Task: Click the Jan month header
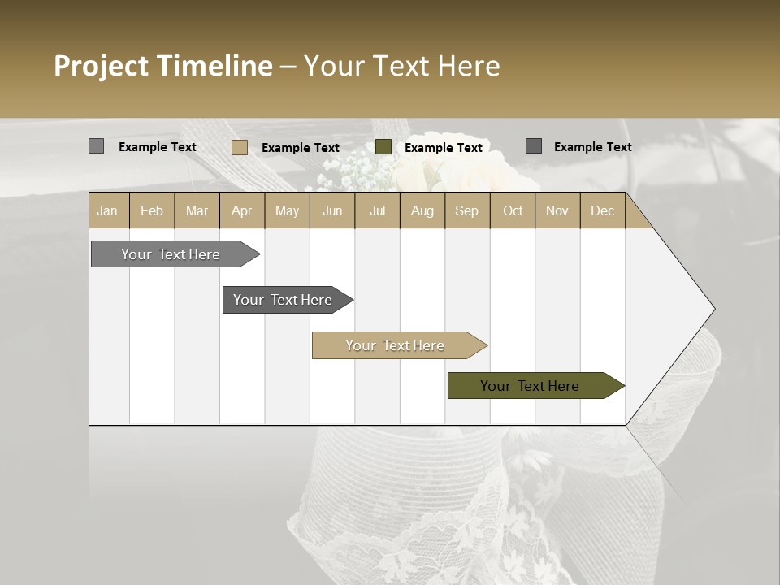tap(108, 210)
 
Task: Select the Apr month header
tap(241, 210)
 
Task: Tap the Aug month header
tap(422, 210)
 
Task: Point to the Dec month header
tap(602, 210)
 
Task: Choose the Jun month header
tap(331, 210)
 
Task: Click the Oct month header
tap(512, 210)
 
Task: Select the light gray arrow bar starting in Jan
tap(171, 254)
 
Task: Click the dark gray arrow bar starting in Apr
tap(283, 300)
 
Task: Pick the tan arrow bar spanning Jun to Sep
tap(395, 345)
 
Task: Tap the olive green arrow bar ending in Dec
tap(530, 386)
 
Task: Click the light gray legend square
tap(96, 146)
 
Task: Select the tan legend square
tap(239, 147)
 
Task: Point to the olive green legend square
tap(383, 147)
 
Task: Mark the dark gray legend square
tap(534, 146)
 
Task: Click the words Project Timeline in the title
tap(162, 66)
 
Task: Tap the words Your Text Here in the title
tap(401, 66)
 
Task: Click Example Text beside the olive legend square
tap(443, 148)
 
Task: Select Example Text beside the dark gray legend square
tap(592, 147)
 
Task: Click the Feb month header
tap(151, 210)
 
